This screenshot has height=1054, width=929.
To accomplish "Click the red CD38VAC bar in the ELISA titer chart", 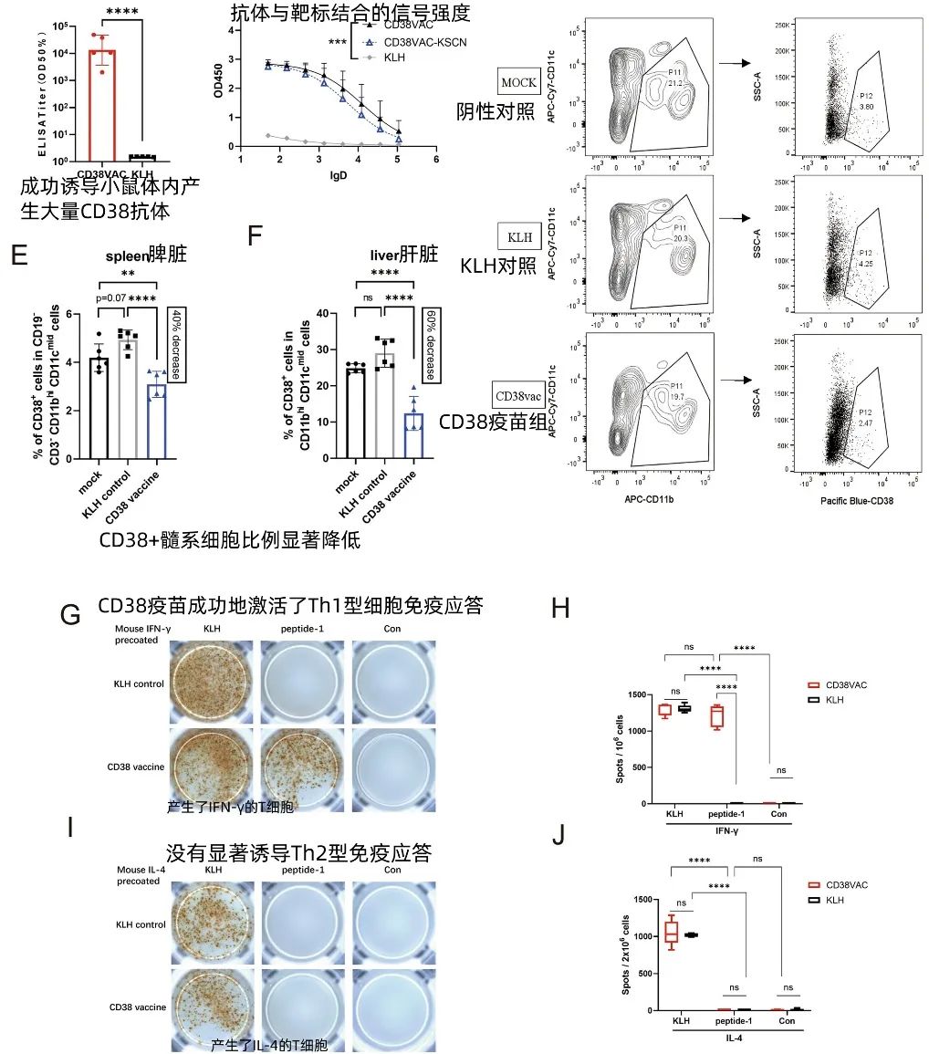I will [x=101, y=100].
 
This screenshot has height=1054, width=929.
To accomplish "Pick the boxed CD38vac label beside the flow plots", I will [x=517, y=397].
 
